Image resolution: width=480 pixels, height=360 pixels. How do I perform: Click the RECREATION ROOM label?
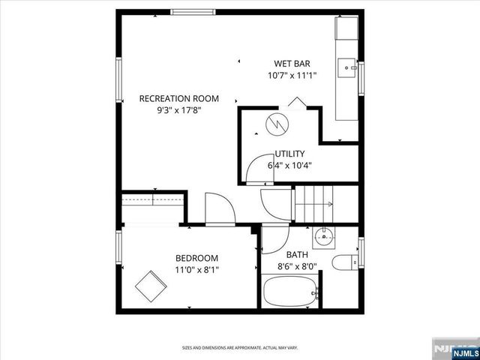coord(179,98)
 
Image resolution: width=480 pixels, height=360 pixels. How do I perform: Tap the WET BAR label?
coord(292,64)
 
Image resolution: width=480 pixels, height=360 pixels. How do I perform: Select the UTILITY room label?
coord(289,154)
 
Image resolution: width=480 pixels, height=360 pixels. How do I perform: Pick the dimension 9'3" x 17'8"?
coord(179,110)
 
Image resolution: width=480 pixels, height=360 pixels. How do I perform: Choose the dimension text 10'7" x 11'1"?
coord(292,75)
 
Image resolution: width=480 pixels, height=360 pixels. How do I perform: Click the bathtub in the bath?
coord(291,292)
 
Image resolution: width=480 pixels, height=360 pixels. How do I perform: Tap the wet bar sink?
coord(349,68)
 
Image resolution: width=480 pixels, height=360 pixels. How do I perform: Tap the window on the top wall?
coord(193,11)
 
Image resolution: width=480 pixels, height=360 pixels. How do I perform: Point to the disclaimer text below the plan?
coord(240,348)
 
